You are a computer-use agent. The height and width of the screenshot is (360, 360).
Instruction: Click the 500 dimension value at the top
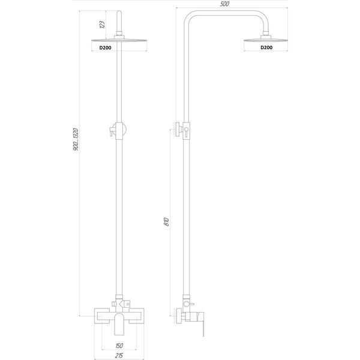[x=224, y=4]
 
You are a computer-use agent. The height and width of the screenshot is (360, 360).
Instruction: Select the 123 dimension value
[x=102, y=25]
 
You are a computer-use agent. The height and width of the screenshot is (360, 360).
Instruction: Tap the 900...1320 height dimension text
[x=76, y=140]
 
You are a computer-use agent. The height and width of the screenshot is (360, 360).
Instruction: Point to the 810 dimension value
[x=167, y=221]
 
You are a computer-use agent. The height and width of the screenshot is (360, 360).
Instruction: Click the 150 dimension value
[x=119, y=346]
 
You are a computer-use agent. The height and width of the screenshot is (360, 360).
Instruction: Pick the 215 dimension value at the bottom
[x=119, y=356]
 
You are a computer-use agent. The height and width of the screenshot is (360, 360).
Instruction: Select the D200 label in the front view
[x=106, y=48]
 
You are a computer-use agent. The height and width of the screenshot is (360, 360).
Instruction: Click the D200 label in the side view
[x=266, y=47]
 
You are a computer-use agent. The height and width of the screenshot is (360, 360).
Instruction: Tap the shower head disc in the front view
[x=119, y=40]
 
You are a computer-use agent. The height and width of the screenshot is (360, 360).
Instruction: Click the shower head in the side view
[x=265, y=40]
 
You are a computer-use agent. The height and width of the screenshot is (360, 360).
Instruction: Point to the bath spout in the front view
[x=119, y=324]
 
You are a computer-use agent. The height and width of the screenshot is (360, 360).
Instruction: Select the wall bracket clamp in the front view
[x=118, y=130]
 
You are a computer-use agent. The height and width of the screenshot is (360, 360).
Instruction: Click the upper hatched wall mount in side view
[x=178, y=129]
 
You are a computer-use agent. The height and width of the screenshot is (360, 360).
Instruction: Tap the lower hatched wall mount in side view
[x=178, y=316]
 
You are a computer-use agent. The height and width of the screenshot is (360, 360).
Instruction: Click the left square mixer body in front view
[x=102, y=316]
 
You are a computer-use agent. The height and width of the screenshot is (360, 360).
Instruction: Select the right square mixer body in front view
[x=136, y=316]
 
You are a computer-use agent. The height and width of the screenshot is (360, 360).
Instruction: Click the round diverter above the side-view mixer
[x=186, y=304]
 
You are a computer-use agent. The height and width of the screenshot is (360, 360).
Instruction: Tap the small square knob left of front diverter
[x=113, y=304]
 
